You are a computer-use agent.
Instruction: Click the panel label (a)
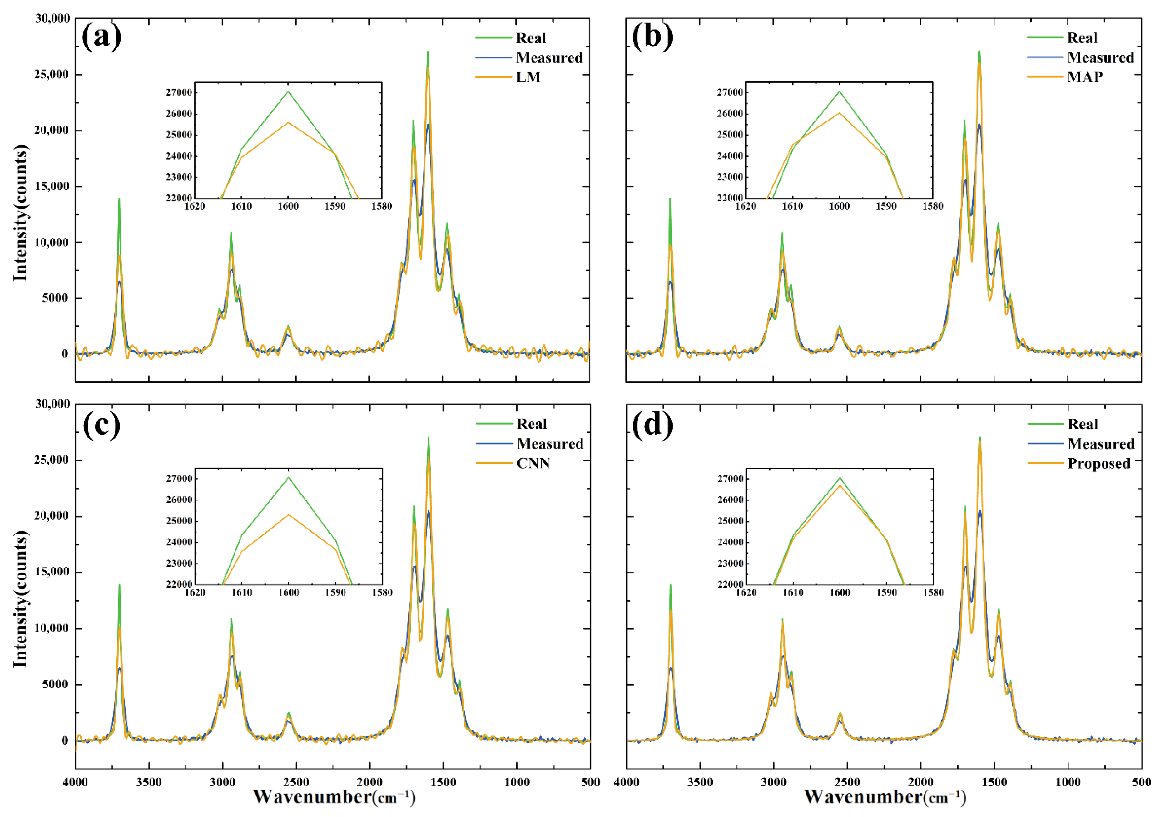pyautogui.click(x=102, y=37)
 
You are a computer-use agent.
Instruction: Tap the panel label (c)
pyautogui.click(x=102, y=424)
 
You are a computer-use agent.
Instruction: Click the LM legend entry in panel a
pyautogui.click(x=528, y=77)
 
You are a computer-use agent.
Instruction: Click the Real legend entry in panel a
pyautogui.click(x=530, y=38)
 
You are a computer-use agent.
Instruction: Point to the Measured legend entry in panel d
pyautogui.click(x=1101, y=444)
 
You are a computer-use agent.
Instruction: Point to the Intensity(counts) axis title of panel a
pyautogui.click(x=20, y=213)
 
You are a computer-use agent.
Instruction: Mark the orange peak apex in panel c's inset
pyautogui.click(x=289, y=514)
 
